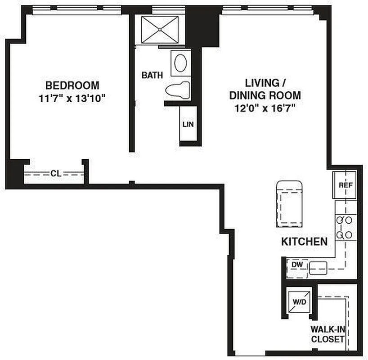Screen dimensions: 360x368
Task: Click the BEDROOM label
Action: (72, 85)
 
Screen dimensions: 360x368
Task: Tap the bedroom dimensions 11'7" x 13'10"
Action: (72, 98)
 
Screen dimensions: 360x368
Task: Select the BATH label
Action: (152, 75)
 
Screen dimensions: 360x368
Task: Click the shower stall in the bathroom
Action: (160, 30)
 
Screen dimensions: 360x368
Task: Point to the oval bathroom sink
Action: (181, 63)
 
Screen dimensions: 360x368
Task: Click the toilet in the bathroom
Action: (178, 90)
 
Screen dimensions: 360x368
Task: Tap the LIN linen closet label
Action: (188, 124)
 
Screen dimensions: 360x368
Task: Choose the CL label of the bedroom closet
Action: (56, 173)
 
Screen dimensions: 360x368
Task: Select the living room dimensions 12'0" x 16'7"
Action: (265, 108)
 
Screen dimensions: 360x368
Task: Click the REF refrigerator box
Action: (345, 184)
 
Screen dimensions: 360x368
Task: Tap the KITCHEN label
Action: (304, 242)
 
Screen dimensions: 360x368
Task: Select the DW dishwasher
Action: (297, 265)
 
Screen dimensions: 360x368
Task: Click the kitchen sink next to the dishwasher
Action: (318, 267)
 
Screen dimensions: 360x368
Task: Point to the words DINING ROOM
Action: (265, 95)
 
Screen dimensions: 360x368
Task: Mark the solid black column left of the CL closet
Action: (14, 173)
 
